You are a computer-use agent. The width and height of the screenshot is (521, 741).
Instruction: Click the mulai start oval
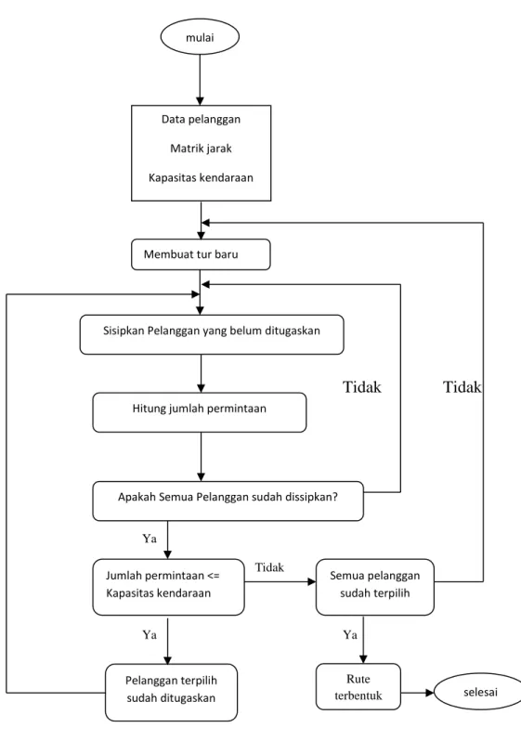200,37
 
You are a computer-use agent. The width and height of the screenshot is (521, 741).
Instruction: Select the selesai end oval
477,692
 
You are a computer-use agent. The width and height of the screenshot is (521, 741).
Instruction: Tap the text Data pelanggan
201,119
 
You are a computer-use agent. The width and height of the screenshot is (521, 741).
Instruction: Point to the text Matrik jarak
201,149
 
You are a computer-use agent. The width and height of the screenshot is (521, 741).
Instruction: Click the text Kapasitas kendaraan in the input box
201,177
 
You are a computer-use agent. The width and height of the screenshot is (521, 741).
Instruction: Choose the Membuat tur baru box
201,254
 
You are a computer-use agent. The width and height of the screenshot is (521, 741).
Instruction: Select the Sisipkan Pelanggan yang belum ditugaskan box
212,334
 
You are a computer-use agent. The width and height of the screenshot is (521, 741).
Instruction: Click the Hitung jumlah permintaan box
200,412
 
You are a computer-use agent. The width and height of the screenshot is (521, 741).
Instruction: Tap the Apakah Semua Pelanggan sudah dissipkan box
228,500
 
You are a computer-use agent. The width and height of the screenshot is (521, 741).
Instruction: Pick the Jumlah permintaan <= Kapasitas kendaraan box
168,587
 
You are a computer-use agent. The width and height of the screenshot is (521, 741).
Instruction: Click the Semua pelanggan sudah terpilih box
375,587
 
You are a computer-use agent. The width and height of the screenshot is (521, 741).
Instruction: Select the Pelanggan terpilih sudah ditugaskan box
171,692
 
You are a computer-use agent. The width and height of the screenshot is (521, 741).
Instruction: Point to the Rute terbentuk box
358,686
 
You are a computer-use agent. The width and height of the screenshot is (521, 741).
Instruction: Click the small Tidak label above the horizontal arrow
269,567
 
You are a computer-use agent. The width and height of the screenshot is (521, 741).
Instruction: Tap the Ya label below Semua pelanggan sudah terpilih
350,634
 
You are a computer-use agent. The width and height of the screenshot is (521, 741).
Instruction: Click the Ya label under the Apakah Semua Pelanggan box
150,539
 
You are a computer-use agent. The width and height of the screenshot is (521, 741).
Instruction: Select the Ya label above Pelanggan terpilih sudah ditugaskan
150,634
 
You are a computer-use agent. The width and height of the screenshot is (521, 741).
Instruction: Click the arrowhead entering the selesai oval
430,693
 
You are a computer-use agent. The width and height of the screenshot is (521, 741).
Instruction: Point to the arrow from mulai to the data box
200,80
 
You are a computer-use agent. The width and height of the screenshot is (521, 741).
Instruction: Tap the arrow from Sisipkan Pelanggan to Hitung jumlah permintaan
201,373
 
